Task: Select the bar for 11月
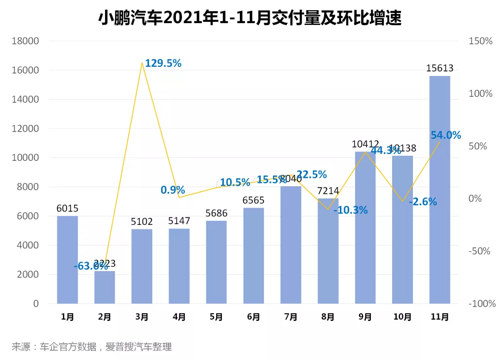439,189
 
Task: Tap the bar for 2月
105,287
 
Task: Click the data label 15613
439,69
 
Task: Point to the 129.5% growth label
163,63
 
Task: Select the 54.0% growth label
445,135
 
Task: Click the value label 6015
68,208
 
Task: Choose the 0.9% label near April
173,190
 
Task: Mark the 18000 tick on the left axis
25,41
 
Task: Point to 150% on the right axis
481,41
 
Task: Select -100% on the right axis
481,304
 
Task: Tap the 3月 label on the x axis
142,317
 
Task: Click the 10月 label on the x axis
402,317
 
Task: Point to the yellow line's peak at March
141,62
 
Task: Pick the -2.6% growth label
423,202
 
